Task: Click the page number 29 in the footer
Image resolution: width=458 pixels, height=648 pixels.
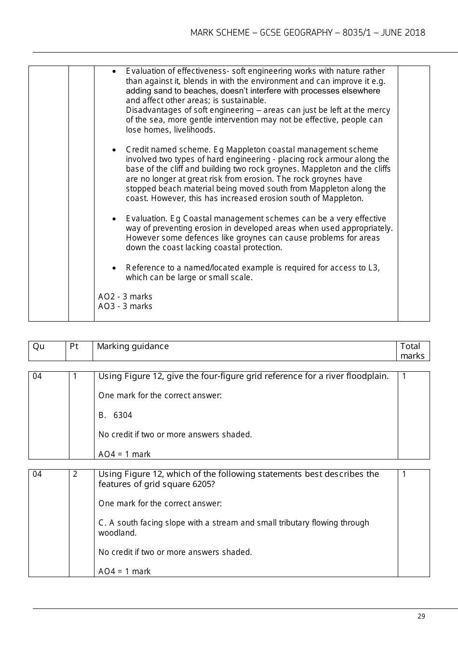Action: point(421,616)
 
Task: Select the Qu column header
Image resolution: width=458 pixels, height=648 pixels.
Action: point(38,346)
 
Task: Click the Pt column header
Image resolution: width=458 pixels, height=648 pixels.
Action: point(74,346)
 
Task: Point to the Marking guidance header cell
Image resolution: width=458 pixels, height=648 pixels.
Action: point(133,346)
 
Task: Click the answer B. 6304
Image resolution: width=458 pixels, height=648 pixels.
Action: point(115,415)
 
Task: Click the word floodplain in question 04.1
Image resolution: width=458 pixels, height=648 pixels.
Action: point(367,376)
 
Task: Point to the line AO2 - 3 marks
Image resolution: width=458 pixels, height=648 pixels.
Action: point(125,297)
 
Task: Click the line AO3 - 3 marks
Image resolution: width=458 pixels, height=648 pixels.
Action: point(125,306)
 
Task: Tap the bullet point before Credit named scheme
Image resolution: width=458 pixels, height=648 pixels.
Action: point(114,150)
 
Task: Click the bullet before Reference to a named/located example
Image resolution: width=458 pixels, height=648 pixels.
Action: point(114,268)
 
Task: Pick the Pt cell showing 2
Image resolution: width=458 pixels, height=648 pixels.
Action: point(75,474)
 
